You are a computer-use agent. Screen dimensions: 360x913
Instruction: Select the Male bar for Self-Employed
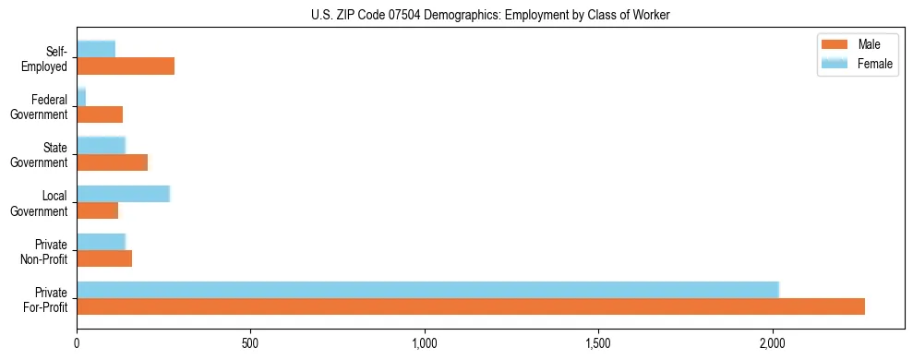(126, 66)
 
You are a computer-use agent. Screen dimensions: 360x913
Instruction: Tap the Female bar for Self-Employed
(96, 49)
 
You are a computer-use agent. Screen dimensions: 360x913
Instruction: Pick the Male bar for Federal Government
(100, 114)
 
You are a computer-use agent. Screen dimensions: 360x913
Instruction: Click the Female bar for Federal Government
(81, 97)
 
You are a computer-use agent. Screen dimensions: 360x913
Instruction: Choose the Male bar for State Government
(112, 162)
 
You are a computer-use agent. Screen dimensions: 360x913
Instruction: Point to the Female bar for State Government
(101, 145)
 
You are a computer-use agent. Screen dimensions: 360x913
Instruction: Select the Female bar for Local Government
(123, 194)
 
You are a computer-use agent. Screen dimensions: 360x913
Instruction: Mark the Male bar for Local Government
(97, 210)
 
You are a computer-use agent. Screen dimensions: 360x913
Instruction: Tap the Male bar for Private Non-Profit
(104, 258)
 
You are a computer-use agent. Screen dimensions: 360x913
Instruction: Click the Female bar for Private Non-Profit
(101, 242)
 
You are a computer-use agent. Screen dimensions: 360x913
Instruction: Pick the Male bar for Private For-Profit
(471, 306)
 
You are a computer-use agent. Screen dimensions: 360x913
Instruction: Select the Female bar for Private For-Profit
(427, 290)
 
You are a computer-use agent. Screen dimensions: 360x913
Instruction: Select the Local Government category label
(43, 203)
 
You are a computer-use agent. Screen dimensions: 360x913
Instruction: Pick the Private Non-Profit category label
(43, 251)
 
